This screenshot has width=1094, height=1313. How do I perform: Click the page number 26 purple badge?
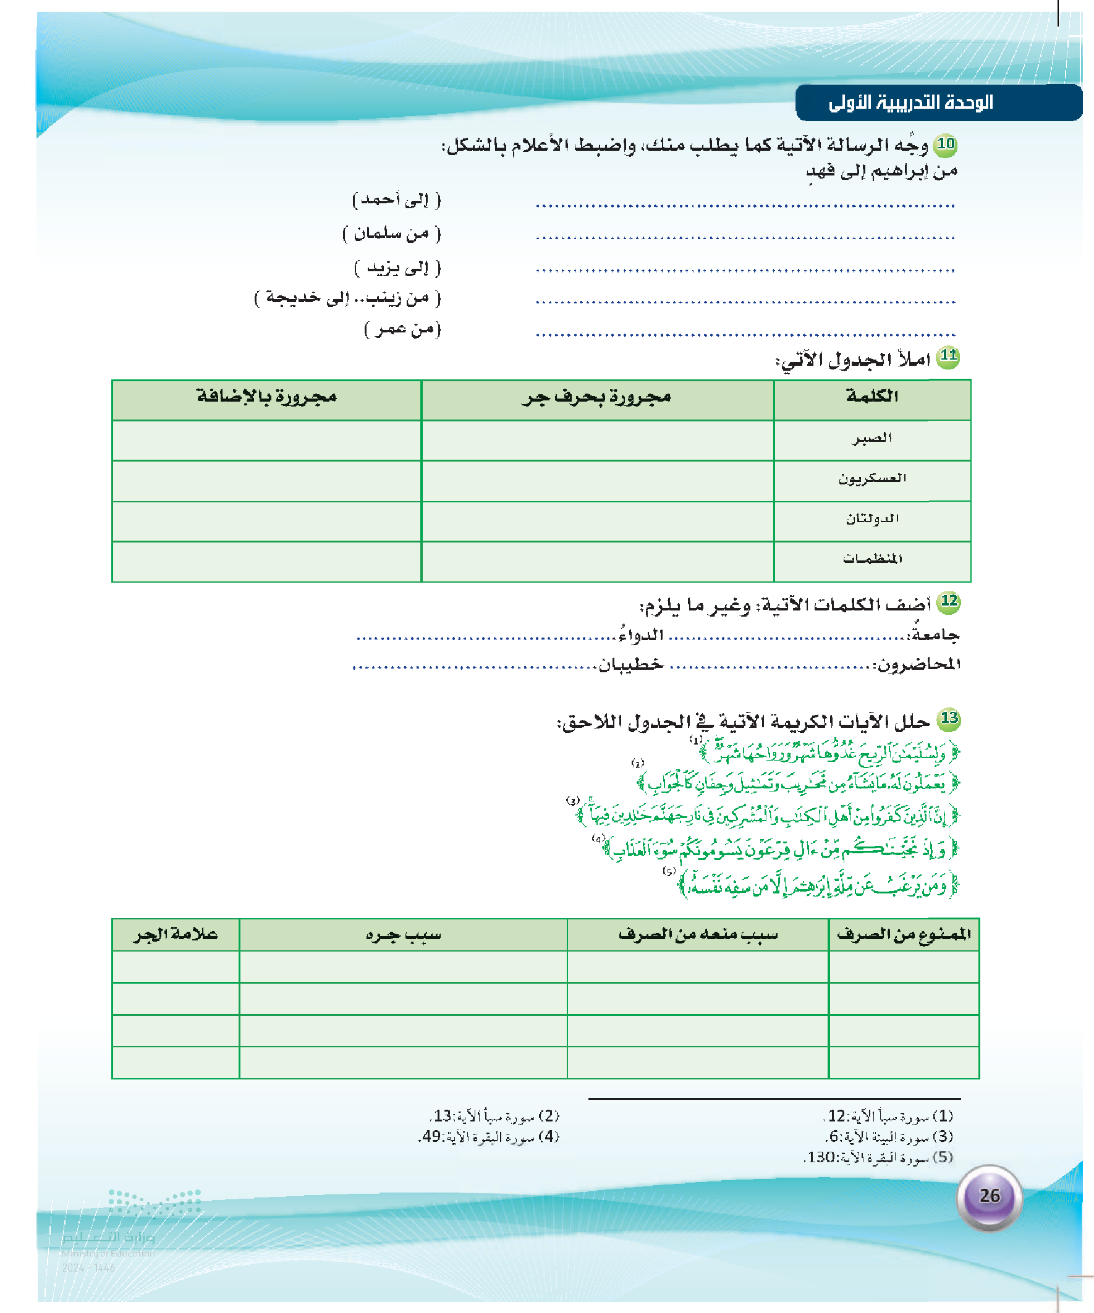click(x=989, y=1196)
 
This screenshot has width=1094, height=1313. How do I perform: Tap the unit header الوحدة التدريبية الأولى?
click(x=910, y=103)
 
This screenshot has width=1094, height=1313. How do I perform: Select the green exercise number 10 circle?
click(x=945, y=145)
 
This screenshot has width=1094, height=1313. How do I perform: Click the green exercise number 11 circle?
click(x=948, y=357)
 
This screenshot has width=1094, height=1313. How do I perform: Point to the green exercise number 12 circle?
click(x=949, y=601)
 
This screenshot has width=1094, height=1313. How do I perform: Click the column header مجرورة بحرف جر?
click(x=596, y=398)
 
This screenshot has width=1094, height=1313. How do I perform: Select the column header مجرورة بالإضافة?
click(x=266, y=397)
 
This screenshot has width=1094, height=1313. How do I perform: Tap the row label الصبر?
click(x=872, y=439)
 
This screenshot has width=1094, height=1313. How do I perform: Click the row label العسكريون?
click(x=872, y=479)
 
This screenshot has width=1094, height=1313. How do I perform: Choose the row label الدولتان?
click(x=872, y=519)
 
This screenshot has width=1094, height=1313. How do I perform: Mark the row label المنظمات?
click(x=872, y=559)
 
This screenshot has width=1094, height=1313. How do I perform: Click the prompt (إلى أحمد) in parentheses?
click(x=397, y=200)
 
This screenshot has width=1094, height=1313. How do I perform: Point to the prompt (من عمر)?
click(x=402, y=329)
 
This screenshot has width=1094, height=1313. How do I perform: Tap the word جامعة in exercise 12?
click(x=935, y=635)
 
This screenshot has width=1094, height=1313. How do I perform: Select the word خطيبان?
click(x=630, y=664)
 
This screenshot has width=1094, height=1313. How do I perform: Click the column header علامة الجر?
click(x=176, y=935)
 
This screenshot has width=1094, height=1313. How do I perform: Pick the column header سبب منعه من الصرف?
click(x=697, y=935)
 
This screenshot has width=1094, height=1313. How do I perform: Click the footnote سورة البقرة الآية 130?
click(x=878, y=1157)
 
